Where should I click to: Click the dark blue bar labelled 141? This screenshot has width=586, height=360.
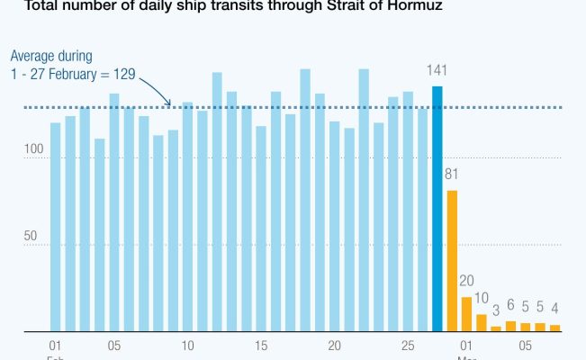coord(437,209)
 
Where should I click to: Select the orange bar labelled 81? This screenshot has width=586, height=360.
coord(452,261)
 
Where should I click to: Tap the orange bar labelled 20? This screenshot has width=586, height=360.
coord(466,313)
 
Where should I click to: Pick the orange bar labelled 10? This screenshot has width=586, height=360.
coord(481,322)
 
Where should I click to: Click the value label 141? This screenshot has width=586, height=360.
coord(437,71)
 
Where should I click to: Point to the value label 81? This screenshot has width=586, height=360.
coord(452,174)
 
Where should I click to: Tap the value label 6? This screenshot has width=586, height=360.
coord(510,305)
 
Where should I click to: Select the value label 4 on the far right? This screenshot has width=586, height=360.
coord(554,309)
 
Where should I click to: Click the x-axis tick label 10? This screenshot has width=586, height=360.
coord(187,346)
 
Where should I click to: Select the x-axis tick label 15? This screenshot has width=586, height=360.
coord(261,346)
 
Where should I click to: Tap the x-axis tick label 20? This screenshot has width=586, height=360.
coord(334,346)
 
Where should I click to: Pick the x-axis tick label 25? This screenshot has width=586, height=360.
coord(407,346)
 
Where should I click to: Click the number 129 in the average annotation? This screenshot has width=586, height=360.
coord(124,73)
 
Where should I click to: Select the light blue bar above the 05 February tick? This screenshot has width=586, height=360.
coord(114,212)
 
